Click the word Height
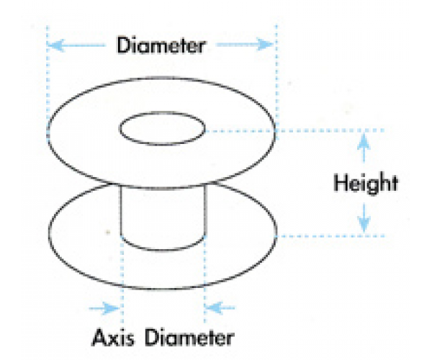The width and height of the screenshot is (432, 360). [365, 183]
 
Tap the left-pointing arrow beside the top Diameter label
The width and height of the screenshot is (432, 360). [78, 45]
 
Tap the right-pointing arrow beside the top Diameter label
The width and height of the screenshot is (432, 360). [245, 45]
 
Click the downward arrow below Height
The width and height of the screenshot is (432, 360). [365, 215]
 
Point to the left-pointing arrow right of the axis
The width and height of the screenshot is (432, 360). [220, 308]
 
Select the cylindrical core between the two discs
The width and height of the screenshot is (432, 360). [163, 216]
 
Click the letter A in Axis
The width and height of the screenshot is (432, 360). [99, 336]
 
